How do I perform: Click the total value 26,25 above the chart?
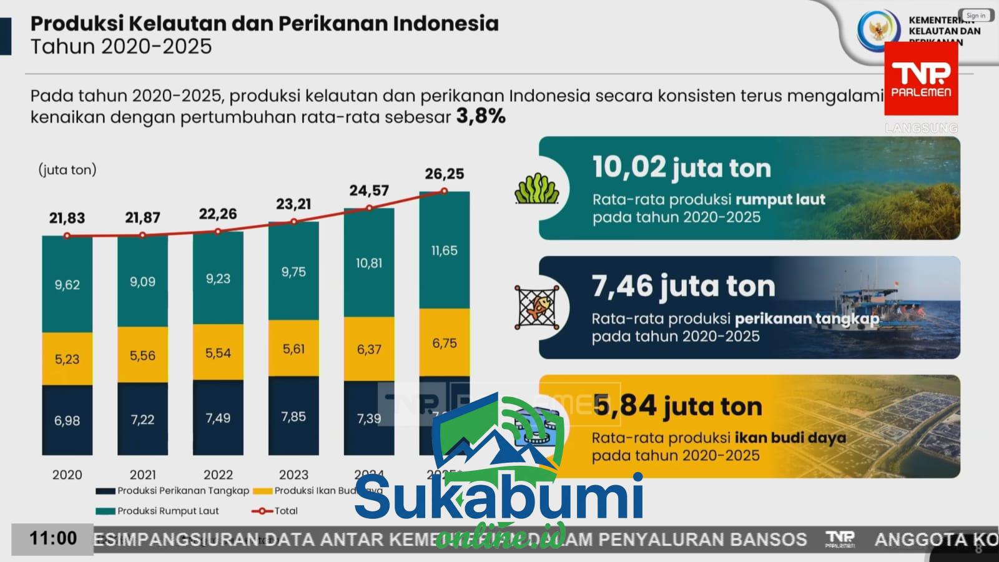(x=444, y=174)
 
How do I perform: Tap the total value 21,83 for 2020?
(x=67, y=218)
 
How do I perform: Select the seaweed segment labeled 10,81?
(x=369, y=263)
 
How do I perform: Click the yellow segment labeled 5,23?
(x=67, y=359)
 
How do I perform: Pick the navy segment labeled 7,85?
(x=293, y=417)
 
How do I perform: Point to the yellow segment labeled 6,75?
(x=445, y=343)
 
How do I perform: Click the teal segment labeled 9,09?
(x=142, y=282)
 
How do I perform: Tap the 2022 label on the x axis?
(x=218, y=475)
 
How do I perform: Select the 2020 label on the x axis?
(x=67, y=475)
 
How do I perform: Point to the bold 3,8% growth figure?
(x=481, y=116)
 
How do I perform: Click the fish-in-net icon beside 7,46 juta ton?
(x=536, y=307)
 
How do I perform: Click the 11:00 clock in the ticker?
(x=53, y=538)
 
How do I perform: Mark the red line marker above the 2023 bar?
(x=293, y=222)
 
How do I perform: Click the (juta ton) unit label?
(x=67, y=170)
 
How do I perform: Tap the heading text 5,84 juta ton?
(x=677, y=406)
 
